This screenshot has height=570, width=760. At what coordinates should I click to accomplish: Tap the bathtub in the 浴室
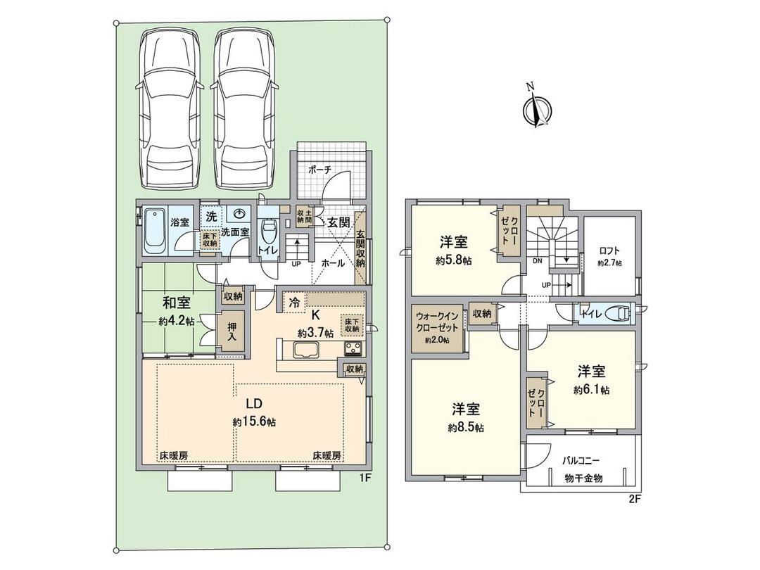click(x=155, y=230)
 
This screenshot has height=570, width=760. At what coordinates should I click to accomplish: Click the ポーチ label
click(x=320, y=170)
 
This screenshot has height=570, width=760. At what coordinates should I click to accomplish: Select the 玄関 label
click(x=338, y=222)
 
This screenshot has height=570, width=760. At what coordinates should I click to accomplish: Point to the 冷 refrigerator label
click(x=295, y=303)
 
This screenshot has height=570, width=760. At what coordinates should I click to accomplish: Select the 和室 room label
click(x=176, y=303)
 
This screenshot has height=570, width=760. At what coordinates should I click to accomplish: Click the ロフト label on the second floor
click(x=609, y=249)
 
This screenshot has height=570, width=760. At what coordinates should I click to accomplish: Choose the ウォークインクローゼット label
click(x=436, y=323)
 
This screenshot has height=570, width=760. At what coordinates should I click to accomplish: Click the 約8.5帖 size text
click(x=467, y=426)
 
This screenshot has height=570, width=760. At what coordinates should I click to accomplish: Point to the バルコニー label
click(x=581, y=461)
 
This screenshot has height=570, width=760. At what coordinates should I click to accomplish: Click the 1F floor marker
click(x=365, y=478)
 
